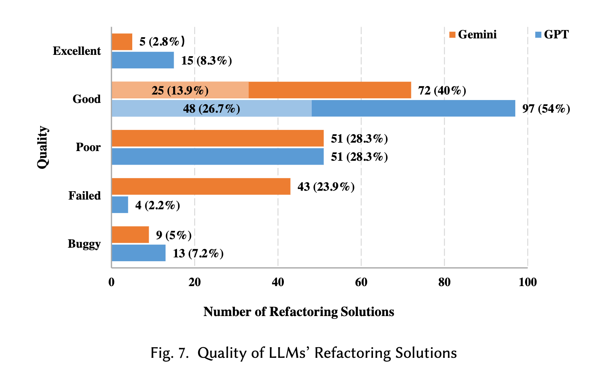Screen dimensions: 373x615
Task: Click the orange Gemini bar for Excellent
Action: click(122, 42)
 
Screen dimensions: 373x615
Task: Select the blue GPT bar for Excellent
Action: click(143, 60)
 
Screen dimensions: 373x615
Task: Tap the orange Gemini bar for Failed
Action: click(201, 186)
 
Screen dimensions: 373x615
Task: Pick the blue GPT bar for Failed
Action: click(120, 205)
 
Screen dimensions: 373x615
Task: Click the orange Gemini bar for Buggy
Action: click(131, 235)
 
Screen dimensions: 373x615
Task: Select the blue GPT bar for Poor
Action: click(218, 157)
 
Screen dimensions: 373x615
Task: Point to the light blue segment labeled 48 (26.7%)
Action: click(212, 108)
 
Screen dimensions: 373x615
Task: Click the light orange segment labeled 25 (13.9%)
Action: click(180, 90)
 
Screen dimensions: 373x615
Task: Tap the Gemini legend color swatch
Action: click(452, 35)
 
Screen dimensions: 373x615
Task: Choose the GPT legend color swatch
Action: click(538, 35)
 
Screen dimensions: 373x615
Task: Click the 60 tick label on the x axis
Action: click(361, 282)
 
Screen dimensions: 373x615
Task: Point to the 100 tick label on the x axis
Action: click(528, 282)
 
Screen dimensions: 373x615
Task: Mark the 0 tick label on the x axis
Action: click(112, 282)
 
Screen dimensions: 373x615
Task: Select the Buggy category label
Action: click(84, 244)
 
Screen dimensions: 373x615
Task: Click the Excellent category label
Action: click(77, 51)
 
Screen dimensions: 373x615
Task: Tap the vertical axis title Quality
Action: click(42, 147)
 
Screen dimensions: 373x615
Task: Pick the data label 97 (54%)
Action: click(546, 109)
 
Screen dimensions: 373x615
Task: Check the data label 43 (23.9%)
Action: click(326, 187)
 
